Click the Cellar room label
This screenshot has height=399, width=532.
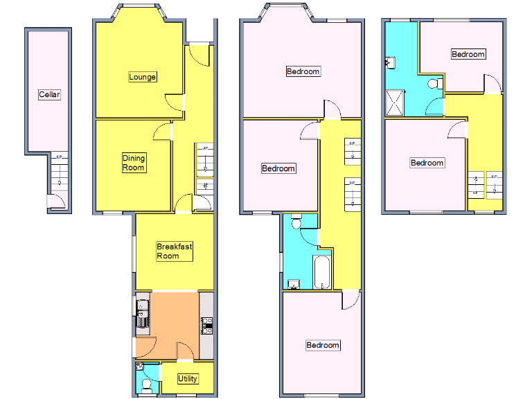(x=49, y=95)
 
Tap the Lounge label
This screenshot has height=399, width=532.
(x=142, y=77)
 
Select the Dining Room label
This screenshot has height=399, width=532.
(x=134, y=163)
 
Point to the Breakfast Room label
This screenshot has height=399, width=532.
(x=173, y=251)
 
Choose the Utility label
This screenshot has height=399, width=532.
(x=188, y=379)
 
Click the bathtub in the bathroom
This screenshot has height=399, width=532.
(x=323, y=271)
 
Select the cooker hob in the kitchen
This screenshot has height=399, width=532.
(x=206, y=324)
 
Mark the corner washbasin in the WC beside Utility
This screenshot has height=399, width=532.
(x=140, y=366)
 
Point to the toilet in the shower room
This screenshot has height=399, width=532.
(x=434, y=84)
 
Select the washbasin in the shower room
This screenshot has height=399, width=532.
(x=390, y=63)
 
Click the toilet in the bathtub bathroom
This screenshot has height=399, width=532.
(x=296, y=222)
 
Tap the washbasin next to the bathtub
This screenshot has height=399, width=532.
(x=294, y=283)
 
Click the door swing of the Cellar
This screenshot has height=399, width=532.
(x=58, y=202)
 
